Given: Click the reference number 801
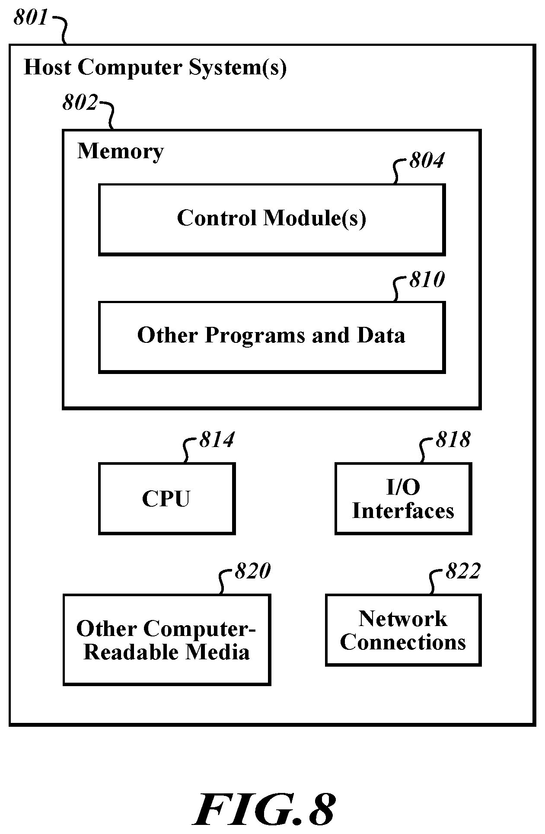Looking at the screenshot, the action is pyautogui.click(x=30, y=18).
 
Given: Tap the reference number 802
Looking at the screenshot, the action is pyautogui.click(x=80, y=102).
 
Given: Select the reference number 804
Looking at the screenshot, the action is pyautogui.click(x=427, y=160).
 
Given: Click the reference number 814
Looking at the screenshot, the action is pyautogui.click(x=217, y=439).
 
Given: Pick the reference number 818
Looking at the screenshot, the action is pyautogui.click(x=453, y=439).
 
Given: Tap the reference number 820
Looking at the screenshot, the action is pyautogui.click(x=252, y=571).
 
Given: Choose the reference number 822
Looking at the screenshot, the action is pyautogui.click(x=463, y=571).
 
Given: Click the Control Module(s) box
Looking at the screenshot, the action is pyautogui.click(x=272, y=220).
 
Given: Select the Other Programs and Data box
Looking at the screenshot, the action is pyautogui.click(x=272, y=337).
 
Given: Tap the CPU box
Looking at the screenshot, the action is pyautogui.click(x=167, y=498).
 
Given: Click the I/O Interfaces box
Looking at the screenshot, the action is pyautogui.click(x=403, y=498).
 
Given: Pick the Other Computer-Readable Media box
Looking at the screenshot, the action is pyautogui.click(x=167, y=639).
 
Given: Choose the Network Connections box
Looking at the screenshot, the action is pyautogui.click(x=403, y=630).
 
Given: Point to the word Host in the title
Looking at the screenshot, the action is pyautogui.click(x=48, y=67).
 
